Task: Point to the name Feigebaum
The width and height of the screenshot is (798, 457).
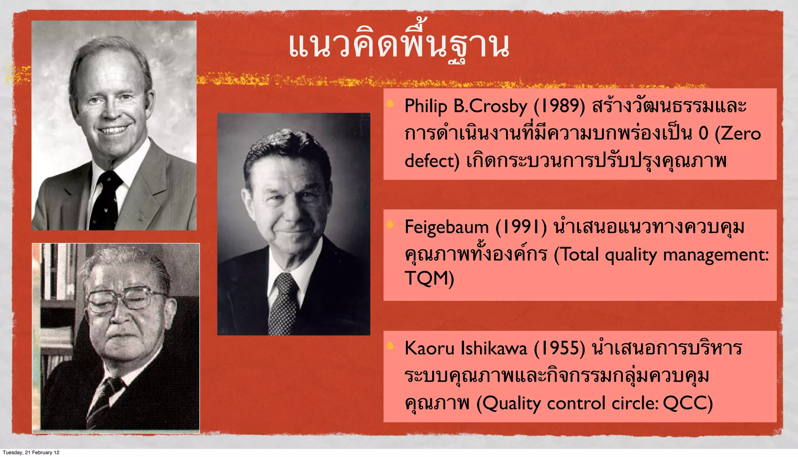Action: pyautogui.click(x=447, y=227)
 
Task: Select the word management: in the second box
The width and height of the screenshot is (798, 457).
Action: pyautogui.click(x=716, y=255)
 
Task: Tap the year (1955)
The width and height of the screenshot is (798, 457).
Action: pyautogui.click(x=559, y=348)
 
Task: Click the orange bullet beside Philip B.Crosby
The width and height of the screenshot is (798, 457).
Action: pyautogui.click(x=390, y=104)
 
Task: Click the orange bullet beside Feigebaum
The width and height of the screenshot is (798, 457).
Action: pyautogui.click(x=390, y=225)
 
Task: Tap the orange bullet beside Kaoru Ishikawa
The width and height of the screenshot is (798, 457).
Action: pyautogui.click(x=390, y=346)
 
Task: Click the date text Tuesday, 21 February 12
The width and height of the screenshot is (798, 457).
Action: pyautogui.click(x=31, y=452)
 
